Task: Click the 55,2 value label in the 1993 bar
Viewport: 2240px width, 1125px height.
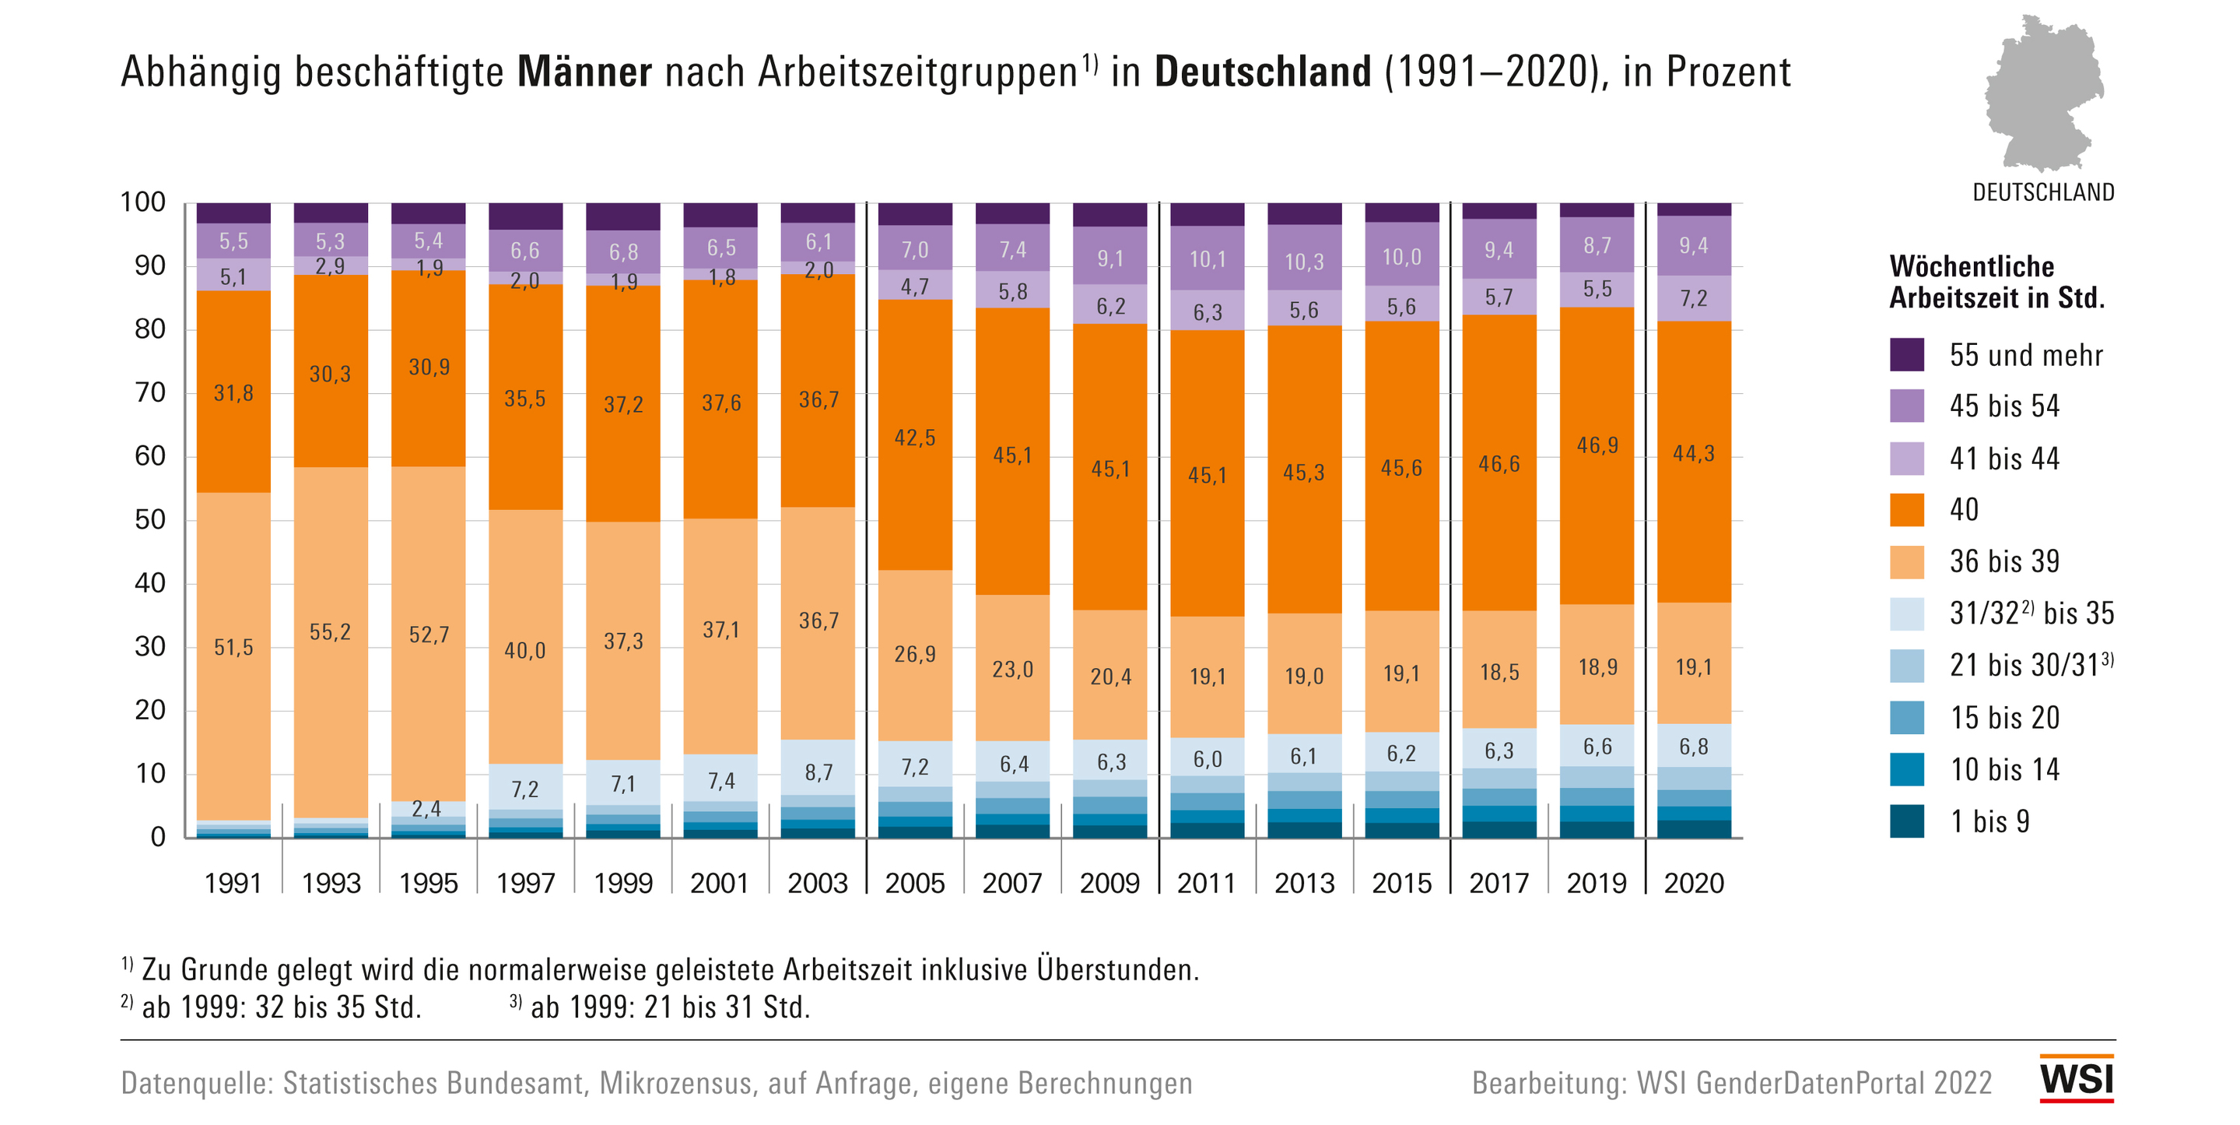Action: point(331,631)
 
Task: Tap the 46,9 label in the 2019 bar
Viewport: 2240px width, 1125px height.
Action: point(1597,445)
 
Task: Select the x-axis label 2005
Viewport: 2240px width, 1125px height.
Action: point(915,883)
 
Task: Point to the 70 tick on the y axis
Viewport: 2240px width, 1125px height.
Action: point(149,392)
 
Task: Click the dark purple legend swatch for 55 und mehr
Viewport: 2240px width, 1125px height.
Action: point(1906,355)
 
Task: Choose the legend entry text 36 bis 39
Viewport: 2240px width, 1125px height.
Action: point(2004,561)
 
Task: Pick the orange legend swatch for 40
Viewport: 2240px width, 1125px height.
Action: point(1906,510)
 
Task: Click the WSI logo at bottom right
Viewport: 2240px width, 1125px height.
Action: point(2077,1079)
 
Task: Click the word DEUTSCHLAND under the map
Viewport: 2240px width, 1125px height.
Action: point(2043,192)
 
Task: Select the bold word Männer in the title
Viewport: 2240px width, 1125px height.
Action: point(584,72)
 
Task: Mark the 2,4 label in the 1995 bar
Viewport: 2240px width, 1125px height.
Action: point(426,809)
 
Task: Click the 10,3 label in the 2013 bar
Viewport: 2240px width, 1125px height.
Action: point(1304,261)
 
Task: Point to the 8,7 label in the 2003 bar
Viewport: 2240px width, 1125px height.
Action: point(819,772)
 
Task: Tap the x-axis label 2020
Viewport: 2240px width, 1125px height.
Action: point(1694,883)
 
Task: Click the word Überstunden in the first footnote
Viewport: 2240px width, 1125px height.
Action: point(1117,969)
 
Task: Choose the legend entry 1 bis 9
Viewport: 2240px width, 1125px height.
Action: point(1989,821)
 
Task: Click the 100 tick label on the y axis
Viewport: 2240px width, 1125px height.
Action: point(142,202)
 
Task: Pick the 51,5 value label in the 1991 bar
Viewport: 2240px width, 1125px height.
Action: point(233,647)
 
